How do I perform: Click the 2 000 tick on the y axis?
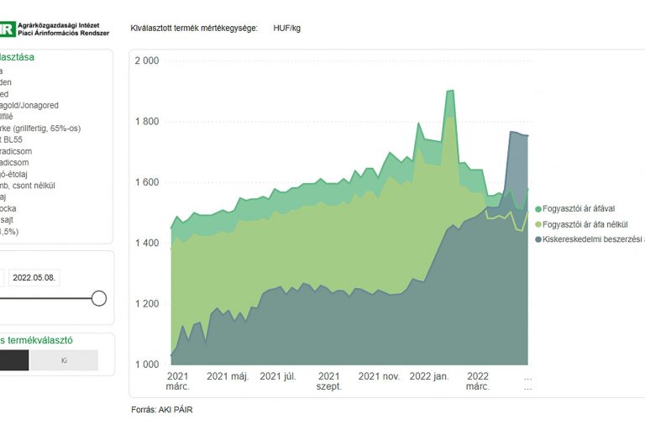tap(146, 61)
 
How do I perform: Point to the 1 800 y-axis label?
tap(146, 122)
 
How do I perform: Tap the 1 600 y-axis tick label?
tap(146, 182)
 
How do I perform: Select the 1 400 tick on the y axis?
tap(146, 243)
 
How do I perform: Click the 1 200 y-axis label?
tap(146, 303)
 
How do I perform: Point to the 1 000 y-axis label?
tap(146, 364)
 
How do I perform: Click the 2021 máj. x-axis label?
tap(228, 377)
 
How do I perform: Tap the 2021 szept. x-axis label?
tap(328, 381)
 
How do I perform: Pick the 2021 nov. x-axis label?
tap(380, 377)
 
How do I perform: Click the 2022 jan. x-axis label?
tap(430, 377)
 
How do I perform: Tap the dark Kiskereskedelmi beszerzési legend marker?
tap(537, 239)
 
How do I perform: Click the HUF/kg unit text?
tap(286, 29)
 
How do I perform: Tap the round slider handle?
tap(99, 298)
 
